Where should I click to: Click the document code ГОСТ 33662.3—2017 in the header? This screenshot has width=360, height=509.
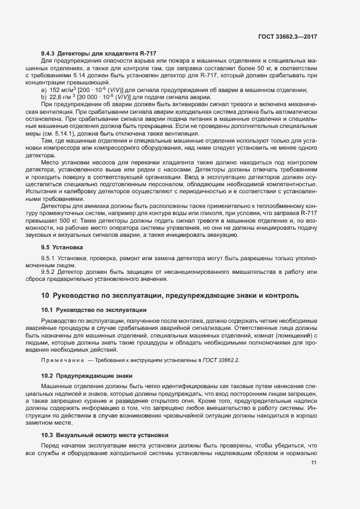(x=288, y=36)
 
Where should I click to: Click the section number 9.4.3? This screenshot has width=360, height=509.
(x=48, y=53)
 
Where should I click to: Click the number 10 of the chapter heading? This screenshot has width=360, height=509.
(x=45, y=296)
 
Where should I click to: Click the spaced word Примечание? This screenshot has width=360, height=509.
(x=63, y=360)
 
